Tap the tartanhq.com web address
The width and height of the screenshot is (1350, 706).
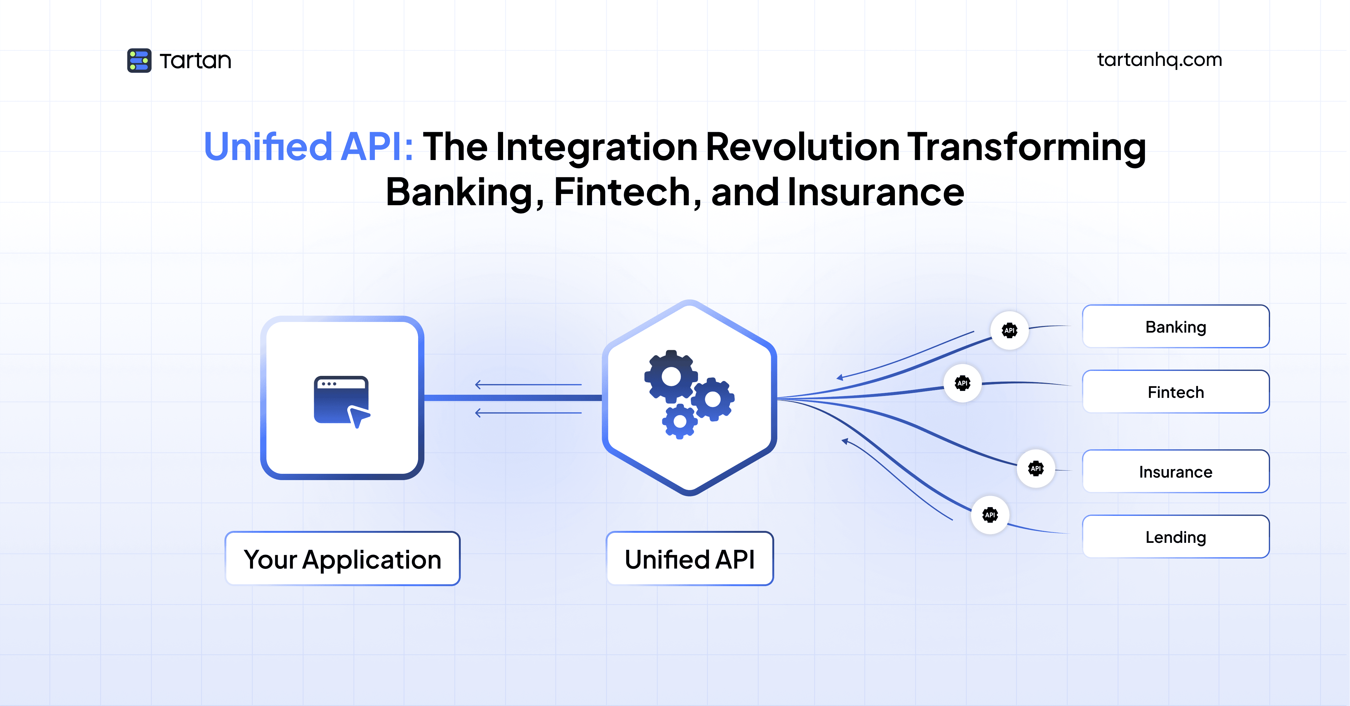(1159, 60)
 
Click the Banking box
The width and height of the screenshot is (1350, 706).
(1175, 327)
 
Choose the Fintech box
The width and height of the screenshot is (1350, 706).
(1175, 392)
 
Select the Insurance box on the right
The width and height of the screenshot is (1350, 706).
(1175, 472)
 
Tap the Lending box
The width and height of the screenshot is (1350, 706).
(1175, 537)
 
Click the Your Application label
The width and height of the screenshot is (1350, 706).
(342, 559)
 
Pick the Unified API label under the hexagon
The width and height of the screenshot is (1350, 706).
(690, 559)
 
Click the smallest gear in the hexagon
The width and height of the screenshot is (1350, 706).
(680, 421)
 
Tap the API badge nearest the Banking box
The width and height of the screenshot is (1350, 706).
(1009, 330)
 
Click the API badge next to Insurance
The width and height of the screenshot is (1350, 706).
(1036, 468)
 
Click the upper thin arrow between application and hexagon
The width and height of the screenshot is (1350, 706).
(528, 384)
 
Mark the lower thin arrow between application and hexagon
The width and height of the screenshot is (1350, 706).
(528, 413)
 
